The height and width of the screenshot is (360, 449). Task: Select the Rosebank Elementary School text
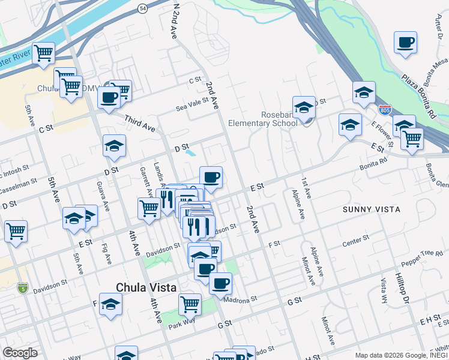[262, 119]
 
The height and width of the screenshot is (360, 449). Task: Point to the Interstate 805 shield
[385, 110]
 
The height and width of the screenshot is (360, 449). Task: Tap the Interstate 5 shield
[22, 288]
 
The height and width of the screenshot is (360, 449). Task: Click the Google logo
[20, 353]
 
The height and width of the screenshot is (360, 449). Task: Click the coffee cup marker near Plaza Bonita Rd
[406, 42]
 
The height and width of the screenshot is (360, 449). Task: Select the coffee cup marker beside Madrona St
[220, 282]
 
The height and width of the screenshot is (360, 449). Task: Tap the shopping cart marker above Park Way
[190, 303]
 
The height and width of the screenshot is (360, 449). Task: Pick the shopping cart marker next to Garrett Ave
[149, 209]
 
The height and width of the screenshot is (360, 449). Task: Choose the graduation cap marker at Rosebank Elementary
[304, 106]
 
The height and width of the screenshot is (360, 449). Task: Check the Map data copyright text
[400, 355]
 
